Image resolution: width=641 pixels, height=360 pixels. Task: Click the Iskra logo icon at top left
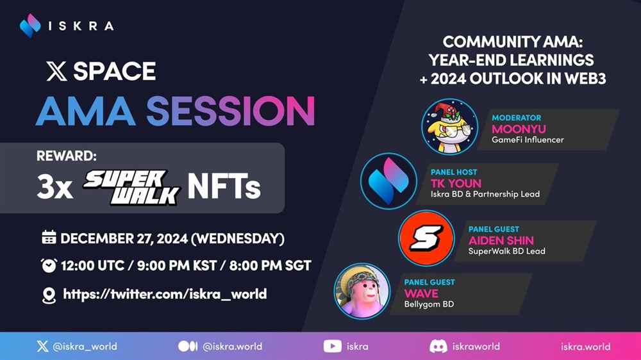click(x=30, y=26)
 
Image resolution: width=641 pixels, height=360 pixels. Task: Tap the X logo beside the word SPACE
click(x=57, y=71)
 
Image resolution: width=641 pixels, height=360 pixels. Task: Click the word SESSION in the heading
click(x=231, y=111)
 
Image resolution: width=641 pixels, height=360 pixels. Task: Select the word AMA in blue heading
click(x=85, y=111)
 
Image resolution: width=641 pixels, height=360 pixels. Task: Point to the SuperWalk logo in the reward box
click(x=131, y=187)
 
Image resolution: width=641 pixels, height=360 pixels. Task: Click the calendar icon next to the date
click(x=49, y=238)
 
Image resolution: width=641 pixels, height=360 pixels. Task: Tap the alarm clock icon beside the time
click(x=49, y=265)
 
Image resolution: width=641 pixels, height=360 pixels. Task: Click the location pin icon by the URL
click(x=49, y=295)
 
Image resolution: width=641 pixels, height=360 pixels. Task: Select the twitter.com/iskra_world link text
click(x=165, y=294)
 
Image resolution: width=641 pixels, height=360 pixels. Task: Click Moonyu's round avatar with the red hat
click(x=450, y=127)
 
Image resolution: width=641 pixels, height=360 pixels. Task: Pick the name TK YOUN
click(x=456, y=183)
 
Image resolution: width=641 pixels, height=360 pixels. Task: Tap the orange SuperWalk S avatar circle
click(x=426, y=238)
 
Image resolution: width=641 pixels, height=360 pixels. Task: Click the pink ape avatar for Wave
click(x=362, y=291)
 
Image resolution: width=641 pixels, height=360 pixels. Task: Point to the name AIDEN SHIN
click(x=501, y=240)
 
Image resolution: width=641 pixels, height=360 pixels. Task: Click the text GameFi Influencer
click(x=528, y=140)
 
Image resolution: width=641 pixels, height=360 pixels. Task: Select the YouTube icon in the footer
click(x=332, y=347)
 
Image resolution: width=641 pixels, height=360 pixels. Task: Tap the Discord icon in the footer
click(x=438, y=347)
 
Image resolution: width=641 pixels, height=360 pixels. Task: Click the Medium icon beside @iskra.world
click(x=188, y=347)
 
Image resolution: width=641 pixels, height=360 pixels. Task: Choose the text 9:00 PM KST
click(x=177, y=266)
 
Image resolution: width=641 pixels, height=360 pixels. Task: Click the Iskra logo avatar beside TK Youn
click(x=389, y=181)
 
